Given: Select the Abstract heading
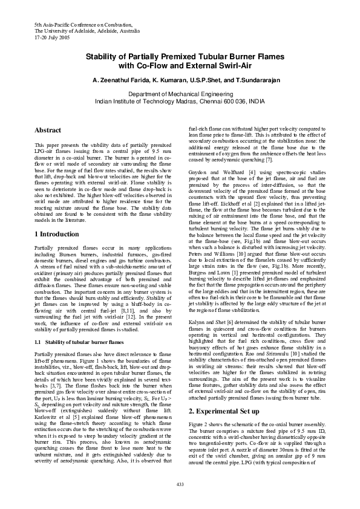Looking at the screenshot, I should point(48,130).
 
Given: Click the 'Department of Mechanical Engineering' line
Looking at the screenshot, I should point(180,94).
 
